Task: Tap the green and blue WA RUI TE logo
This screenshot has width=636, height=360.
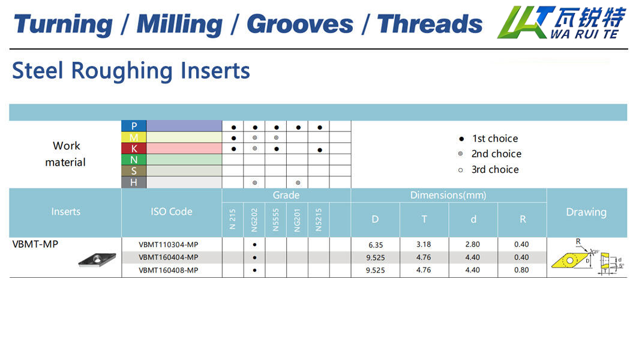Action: click(562, 23)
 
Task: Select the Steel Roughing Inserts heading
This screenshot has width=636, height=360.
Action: click(131, 71)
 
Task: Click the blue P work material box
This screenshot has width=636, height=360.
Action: click(134, 126)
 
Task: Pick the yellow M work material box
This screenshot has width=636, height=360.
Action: click(134, 137)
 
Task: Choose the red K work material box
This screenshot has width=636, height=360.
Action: click(134, 149)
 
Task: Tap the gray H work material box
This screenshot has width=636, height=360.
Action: click(134, 182)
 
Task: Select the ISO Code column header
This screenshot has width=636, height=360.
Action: click(172, 212)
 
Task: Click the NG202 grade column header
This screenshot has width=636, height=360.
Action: click(254, 220)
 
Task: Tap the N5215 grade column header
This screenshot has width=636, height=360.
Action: click(319, 220)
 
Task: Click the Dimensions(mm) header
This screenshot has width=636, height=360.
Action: click(448, 196)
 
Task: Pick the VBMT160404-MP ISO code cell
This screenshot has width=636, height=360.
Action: click(169, 257)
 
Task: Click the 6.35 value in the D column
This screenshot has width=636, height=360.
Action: click(376, 245)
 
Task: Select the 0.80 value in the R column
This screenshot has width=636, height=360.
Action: click(521, 270)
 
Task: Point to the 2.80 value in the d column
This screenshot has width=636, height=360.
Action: click(473, 244)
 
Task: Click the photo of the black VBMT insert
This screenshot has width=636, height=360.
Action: click(97, 259)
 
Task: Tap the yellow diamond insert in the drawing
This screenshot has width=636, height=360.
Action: click(570, 260)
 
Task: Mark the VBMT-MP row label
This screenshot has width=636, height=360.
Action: click(35, 244)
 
